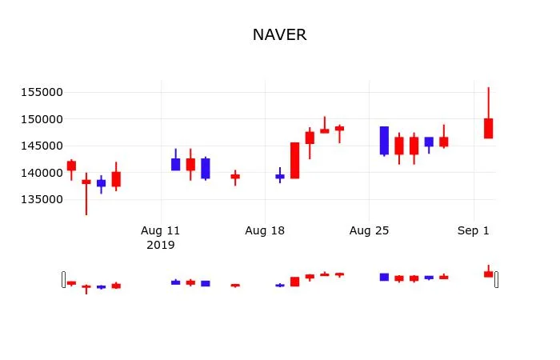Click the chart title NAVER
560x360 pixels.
coord(279,35)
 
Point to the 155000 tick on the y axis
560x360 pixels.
coord(41,92)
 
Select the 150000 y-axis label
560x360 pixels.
coord(41,119)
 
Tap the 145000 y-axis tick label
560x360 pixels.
coord(41,146)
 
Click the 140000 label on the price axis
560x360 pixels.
coord(41,173)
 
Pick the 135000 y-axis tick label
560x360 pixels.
coord(41,199)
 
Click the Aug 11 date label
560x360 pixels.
coord(161,231)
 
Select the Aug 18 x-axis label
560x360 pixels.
coord(265,231)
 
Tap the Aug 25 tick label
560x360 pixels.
coord(369,231)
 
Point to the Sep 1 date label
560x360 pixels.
coord(474,231)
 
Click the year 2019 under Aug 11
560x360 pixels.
coord(161,245)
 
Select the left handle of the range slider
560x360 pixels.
coord(64,279)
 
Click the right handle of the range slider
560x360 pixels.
coord(496,279)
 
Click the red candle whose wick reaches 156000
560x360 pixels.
coord(488,128)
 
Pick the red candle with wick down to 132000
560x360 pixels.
coord(86,182)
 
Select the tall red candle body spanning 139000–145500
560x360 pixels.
coord(294,160)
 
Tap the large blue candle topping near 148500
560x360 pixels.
coord(384,140)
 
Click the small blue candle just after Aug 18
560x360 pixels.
coord(280,176)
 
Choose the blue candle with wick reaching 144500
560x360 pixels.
coord(176,164)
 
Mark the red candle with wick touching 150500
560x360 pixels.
coord(325,130)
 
